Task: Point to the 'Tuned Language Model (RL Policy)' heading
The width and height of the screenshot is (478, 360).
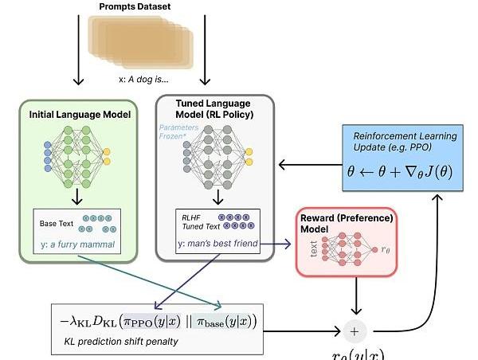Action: coord(214,108)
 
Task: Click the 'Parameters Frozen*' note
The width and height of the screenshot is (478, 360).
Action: coord(178,131)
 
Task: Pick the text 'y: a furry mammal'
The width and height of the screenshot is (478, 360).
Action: coord(78,243)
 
